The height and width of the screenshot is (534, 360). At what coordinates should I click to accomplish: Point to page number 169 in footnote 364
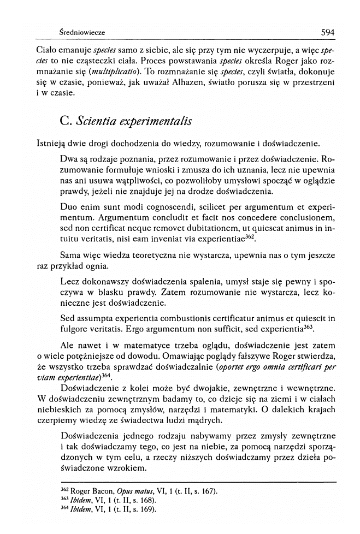point(147,510)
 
